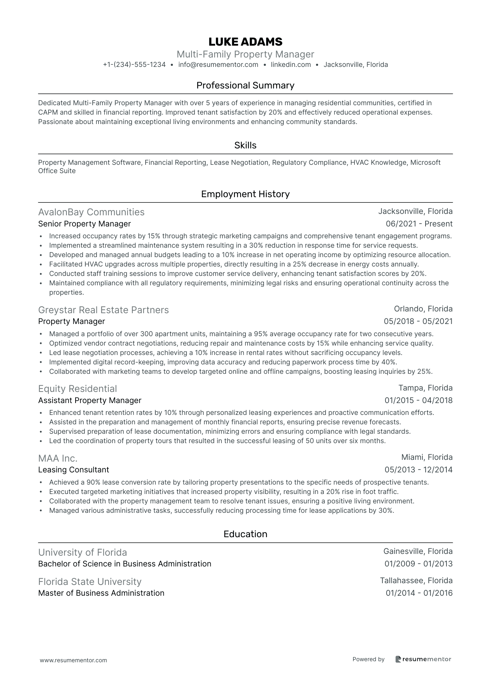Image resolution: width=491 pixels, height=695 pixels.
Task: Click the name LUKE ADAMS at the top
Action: coord(245,42)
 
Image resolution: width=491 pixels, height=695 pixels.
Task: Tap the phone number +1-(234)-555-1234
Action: coord(134,64)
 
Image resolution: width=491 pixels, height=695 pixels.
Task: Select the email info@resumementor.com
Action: coord(218,64)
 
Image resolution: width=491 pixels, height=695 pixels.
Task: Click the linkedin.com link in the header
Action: coord(291,64)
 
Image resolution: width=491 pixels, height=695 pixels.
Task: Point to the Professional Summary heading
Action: coord(245,85)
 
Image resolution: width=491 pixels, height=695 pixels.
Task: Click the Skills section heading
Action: coord(245,145)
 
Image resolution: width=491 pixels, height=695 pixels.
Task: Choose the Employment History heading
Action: coord(245,194)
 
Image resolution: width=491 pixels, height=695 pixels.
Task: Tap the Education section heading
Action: coord(245,534)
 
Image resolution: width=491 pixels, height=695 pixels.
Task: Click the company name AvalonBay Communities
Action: coord(91,212)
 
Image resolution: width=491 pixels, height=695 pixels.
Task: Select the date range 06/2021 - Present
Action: coord(419,224)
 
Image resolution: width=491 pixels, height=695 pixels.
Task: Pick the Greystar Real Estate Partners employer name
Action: coord(103,310)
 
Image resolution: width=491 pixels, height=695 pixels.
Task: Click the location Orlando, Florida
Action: coord(423,309)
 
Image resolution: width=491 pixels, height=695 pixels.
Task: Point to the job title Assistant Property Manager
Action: coord(90,400)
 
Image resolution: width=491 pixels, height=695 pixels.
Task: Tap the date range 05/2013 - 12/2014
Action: coord(418,470)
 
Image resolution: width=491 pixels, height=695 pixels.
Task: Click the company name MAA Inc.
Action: coord(58,458)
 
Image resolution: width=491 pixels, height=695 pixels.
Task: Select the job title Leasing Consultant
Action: coord(73,470)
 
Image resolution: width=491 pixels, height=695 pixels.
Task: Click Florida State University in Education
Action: coord(90,582)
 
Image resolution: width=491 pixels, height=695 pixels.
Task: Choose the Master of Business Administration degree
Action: coord(101,593)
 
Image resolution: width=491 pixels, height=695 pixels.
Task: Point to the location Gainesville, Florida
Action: coord(418,551)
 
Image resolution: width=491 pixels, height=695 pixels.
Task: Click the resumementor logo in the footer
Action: coord(423,659)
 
